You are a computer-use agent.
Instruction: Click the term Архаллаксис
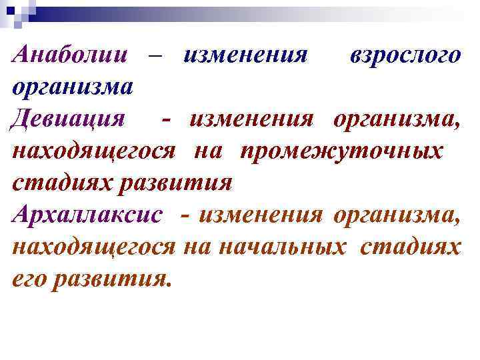(x=87, y=215)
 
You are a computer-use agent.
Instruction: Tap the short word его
(x=29, y=279)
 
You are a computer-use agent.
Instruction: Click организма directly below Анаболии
(x=73, y=87)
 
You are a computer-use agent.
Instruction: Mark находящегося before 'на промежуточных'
(x=94, y=151)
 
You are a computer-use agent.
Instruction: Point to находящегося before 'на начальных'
(x=94, y=247)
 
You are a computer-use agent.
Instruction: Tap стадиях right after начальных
(x=410, y=247)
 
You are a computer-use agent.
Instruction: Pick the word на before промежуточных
(x=208, y=151)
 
